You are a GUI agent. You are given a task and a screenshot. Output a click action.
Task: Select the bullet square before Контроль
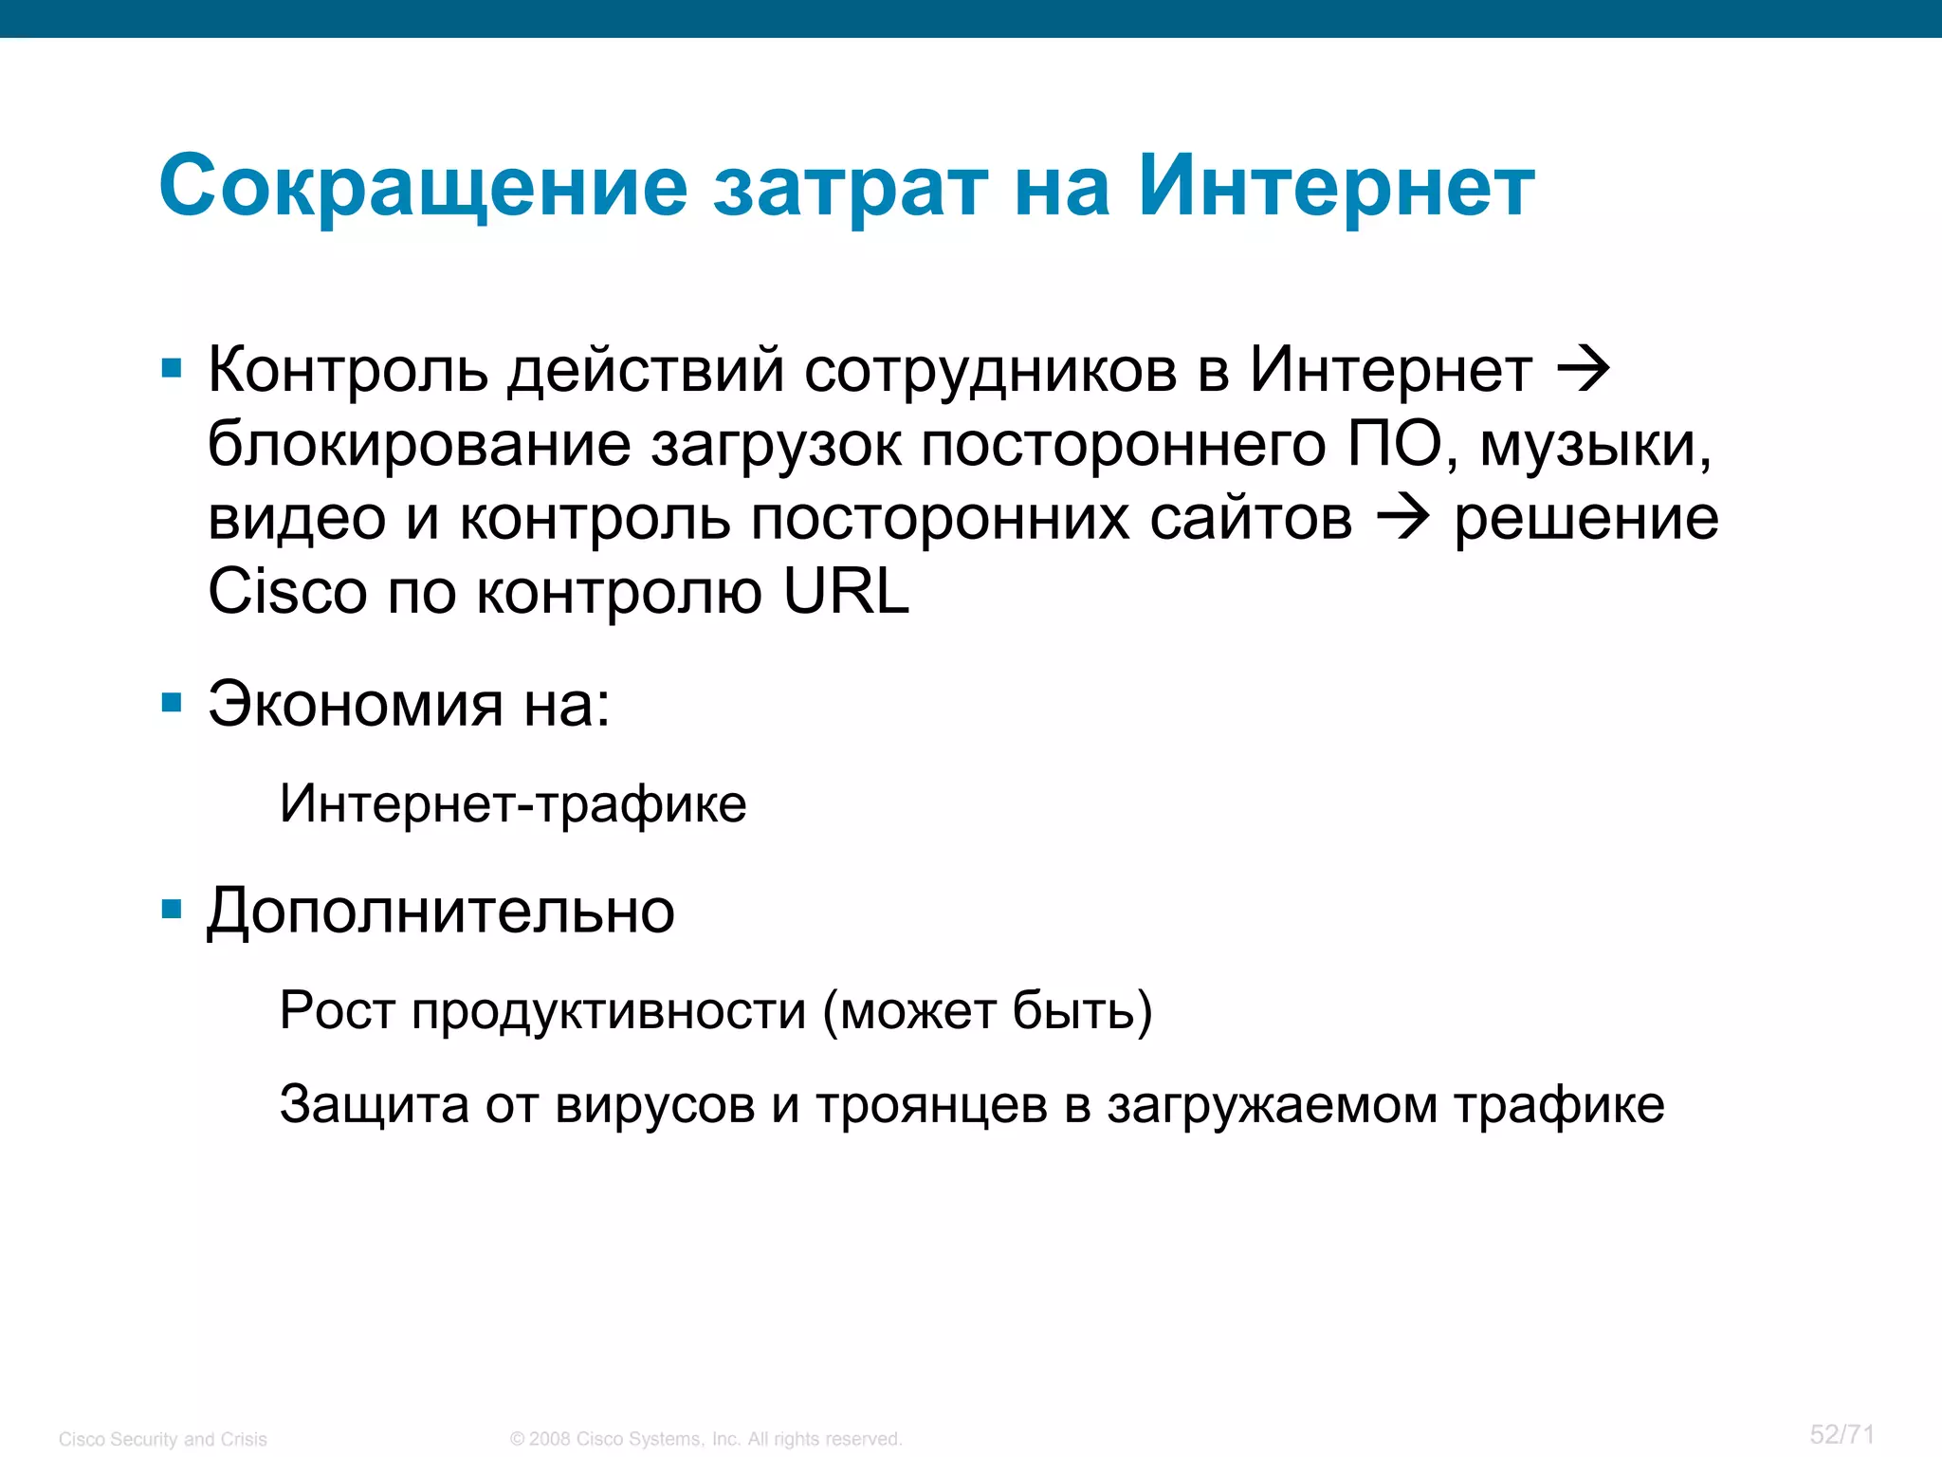pyautogui.click(x=172, y=369)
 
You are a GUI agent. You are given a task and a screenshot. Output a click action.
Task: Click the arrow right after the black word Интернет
pyautogui.click(x=1585, y=369)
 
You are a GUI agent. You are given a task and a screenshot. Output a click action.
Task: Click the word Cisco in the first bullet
pyautogui.click(x=287, y=592)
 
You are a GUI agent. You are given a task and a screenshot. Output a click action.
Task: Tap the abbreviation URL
pyautogui.click(x=846, y=592)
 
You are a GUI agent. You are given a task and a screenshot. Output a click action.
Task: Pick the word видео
pyautogui.click(x=297, y=519)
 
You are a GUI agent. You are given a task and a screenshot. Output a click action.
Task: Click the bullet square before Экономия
pyautogui.click(x=172, y=703)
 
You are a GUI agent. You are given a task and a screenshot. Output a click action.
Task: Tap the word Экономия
pyautogui.click(x=356, y=705)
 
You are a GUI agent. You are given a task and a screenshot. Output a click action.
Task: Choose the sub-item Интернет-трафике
pyautogui.click(x=513, y=804)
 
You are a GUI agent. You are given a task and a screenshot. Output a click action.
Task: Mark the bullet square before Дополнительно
pyautogui.click(x=172, y=911)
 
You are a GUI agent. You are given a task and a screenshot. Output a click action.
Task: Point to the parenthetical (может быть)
pyautogui.click(x=987, y=1011)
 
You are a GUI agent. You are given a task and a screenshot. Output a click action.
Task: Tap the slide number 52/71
pyautogui.click(x=1841, y=1433)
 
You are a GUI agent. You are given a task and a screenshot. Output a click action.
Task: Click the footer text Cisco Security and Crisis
pyautogui.click(x=163, y=1439)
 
